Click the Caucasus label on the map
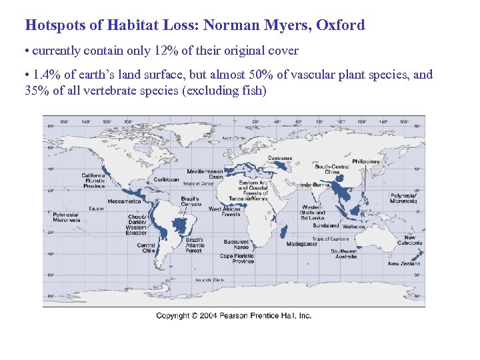click(280, 159)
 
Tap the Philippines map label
click(366, 161)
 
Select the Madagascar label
click(301, 245)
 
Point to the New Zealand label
click(405, 263)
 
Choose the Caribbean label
click(166, 179)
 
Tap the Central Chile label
click(147, 248)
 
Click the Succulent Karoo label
click(237, 245)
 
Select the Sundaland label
click(325, 226)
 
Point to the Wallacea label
click(354, 227)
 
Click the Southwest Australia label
click(347, 254)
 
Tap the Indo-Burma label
click(314, 184)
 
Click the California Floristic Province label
click(93, 181)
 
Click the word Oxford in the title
click(341, 25)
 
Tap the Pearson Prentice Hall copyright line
click(234, 315)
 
